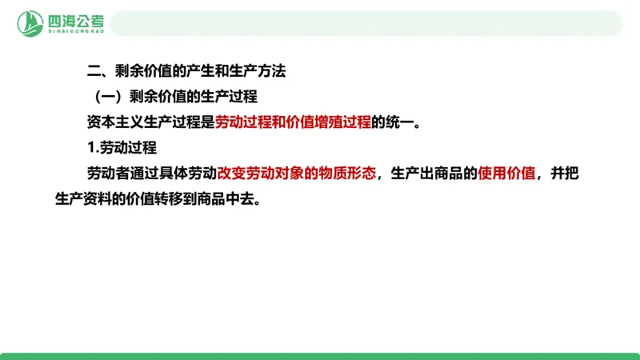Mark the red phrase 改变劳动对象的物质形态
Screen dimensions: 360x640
(296, 174)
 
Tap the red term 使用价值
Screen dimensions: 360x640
(506, 174)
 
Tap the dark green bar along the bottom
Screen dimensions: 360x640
(320, 355)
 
